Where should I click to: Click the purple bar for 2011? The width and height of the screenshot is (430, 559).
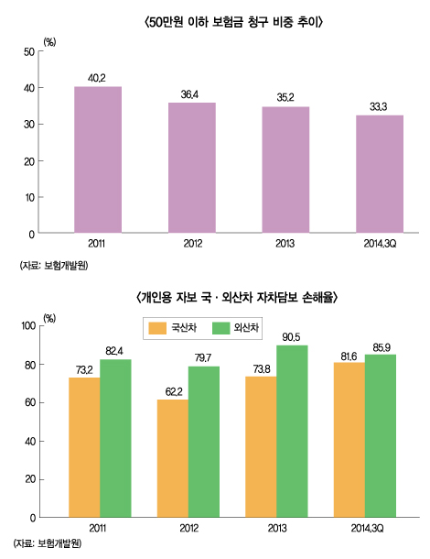click(98, 160)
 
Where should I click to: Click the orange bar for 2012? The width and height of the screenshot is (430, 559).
click(172, 458)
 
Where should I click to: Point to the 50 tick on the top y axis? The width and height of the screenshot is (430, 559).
click(30, 51)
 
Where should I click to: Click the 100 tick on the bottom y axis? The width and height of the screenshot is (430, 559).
click(27, 326)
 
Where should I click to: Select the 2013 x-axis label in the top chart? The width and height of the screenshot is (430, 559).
click(285, 245)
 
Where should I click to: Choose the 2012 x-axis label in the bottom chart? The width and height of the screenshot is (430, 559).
click(188, 529)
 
